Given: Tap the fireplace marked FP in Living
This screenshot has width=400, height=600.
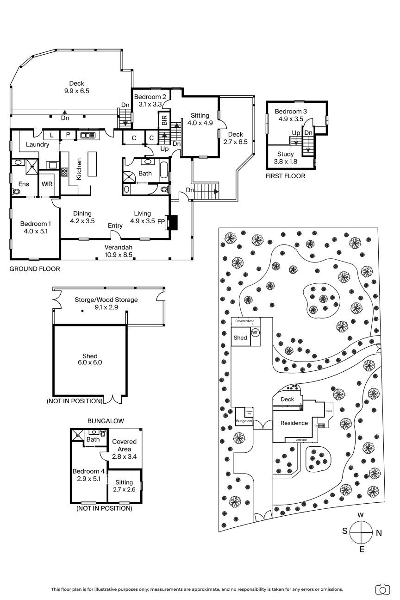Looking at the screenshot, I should pyautogui.click(x=172, y=222).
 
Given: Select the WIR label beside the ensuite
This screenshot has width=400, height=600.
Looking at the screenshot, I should pyautogui.click(x=47, y=184).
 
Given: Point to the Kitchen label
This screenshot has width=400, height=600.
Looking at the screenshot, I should pyautogui.click(x=79, y=169).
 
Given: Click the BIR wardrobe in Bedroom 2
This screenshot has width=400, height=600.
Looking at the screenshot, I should pyautogui.click(x=164, y=119).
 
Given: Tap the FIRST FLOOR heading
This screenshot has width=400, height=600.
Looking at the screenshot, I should pyautogui.click(x=285, y=176).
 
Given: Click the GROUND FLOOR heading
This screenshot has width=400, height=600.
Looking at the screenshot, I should pyautogui.click(x=35, y=269).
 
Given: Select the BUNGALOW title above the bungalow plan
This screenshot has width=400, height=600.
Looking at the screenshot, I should pyautogui.click(x=106, y=421).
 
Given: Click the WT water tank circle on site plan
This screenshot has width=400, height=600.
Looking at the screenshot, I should pyautogui.click(x=255, y=332).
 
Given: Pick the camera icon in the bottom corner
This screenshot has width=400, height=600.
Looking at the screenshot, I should pyautogui.click(x=382, y=589).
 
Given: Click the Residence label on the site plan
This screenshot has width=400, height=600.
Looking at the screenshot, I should pyautogui.click(x=294, y=423).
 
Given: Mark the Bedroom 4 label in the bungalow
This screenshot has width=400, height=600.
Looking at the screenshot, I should pyautogui.click(x=88, y=475).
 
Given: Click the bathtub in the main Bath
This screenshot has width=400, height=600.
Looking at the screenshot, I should pyautogui.click(x=164, y=171).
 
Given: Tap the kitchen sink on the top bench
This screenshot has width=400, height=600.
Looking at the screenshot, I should pyautogui.click(x=87, y=135).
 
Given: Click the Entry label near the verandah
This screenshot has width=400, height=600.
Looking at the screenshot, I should pyautogui.click(x=115, y=225).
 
